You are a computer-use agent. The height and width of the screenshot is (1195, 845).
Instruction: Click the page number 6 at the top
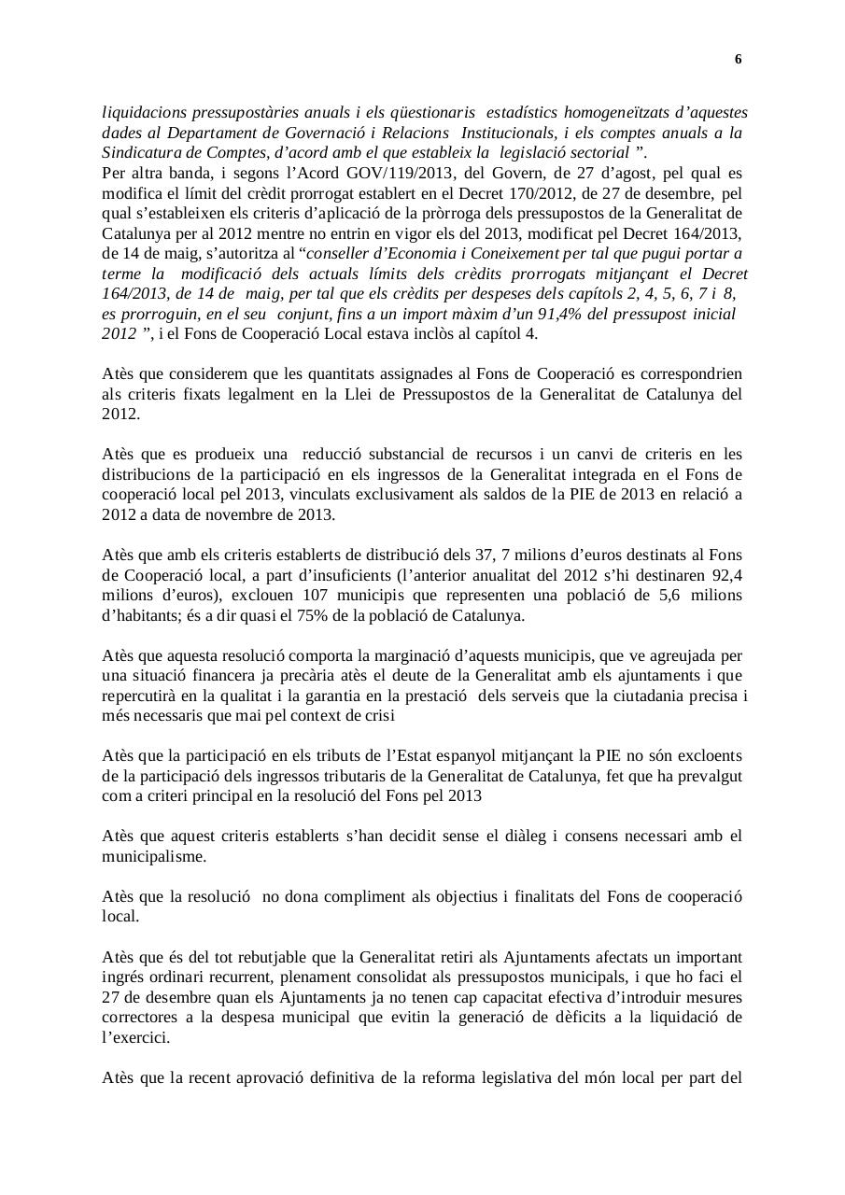click(x=738, y=60)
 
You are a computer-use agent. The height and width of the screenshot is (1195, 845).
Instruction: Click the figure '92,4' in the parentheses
click(x=725, y=575)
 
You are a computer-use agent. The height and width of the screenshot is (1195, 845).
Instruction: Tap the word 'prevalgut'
click(x=710, y=775)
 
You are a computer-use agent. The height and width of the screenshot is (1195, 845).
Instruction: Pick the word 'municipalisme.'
click(x=154, y=855)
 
